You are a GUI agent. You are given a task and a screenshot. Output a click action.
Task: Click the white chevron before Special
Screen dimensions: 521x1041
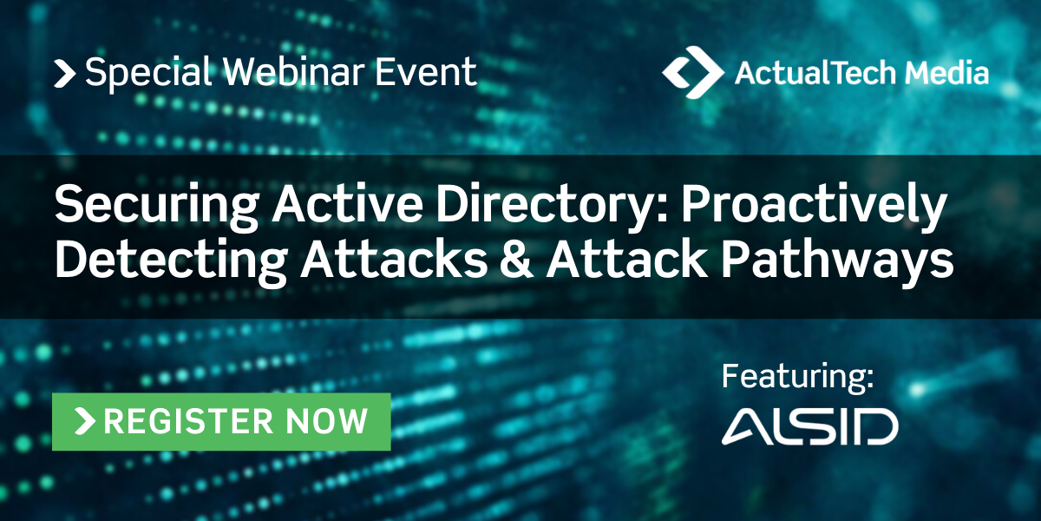coord(65,73)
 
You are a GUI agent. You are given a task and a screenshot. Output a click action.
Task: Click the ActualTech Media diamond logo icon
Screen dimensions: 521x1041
coord(692,71)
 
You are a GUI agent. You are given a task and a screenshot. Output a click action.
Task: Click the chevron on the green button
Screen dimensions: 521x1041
coord(86,421)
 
